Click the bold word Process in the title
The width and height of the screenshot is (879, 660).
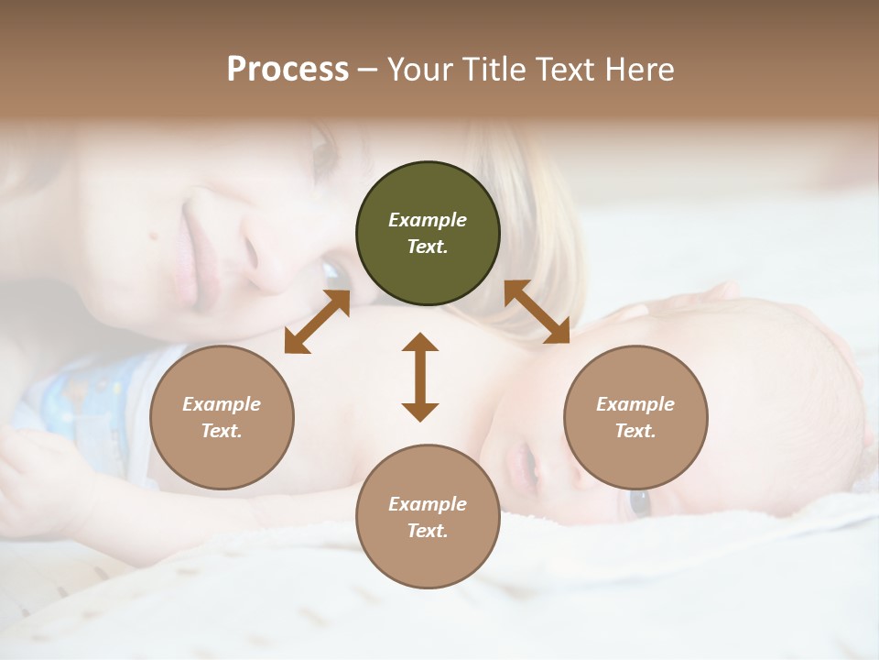point(288,70)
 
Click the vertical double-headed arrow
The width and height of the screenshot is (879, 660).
point(420,378)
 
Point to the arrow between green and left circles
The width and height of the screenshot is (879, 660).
point(317,321)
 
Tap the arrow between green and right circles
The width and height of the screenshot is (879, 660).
point(537,312)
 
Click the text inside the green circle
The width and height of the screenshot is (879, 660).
point(428,233)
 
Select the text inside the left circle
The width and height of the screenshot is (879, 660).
point(222,417)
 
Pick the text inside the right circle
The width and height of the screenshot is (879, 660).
point(635,417)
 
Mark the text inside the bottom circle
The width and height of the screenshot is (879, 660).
point(428,517)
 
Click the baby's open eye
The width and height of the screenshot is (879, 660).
point(638,502)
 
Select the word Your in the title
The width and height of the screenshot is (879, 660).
point(416,70)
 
